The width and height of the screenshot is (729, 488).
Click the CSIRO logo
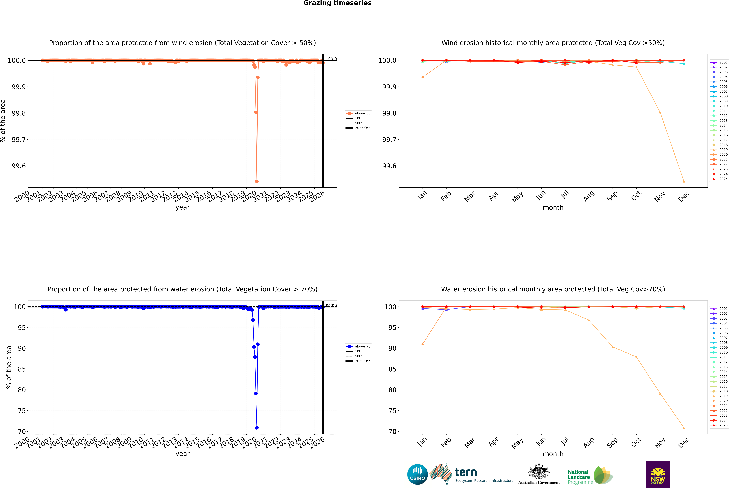[x=417, y=474]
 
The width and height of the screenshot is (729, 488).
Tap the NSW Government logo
[x=658, y=474]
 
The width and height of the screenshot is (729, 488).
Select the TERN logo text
[x=465, y=472]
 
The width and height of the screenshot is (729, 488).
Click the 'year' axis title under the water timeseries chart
[x=182, y=454]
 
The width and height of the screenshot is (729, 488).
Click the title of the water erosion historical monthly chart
[x=553, y=289]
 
